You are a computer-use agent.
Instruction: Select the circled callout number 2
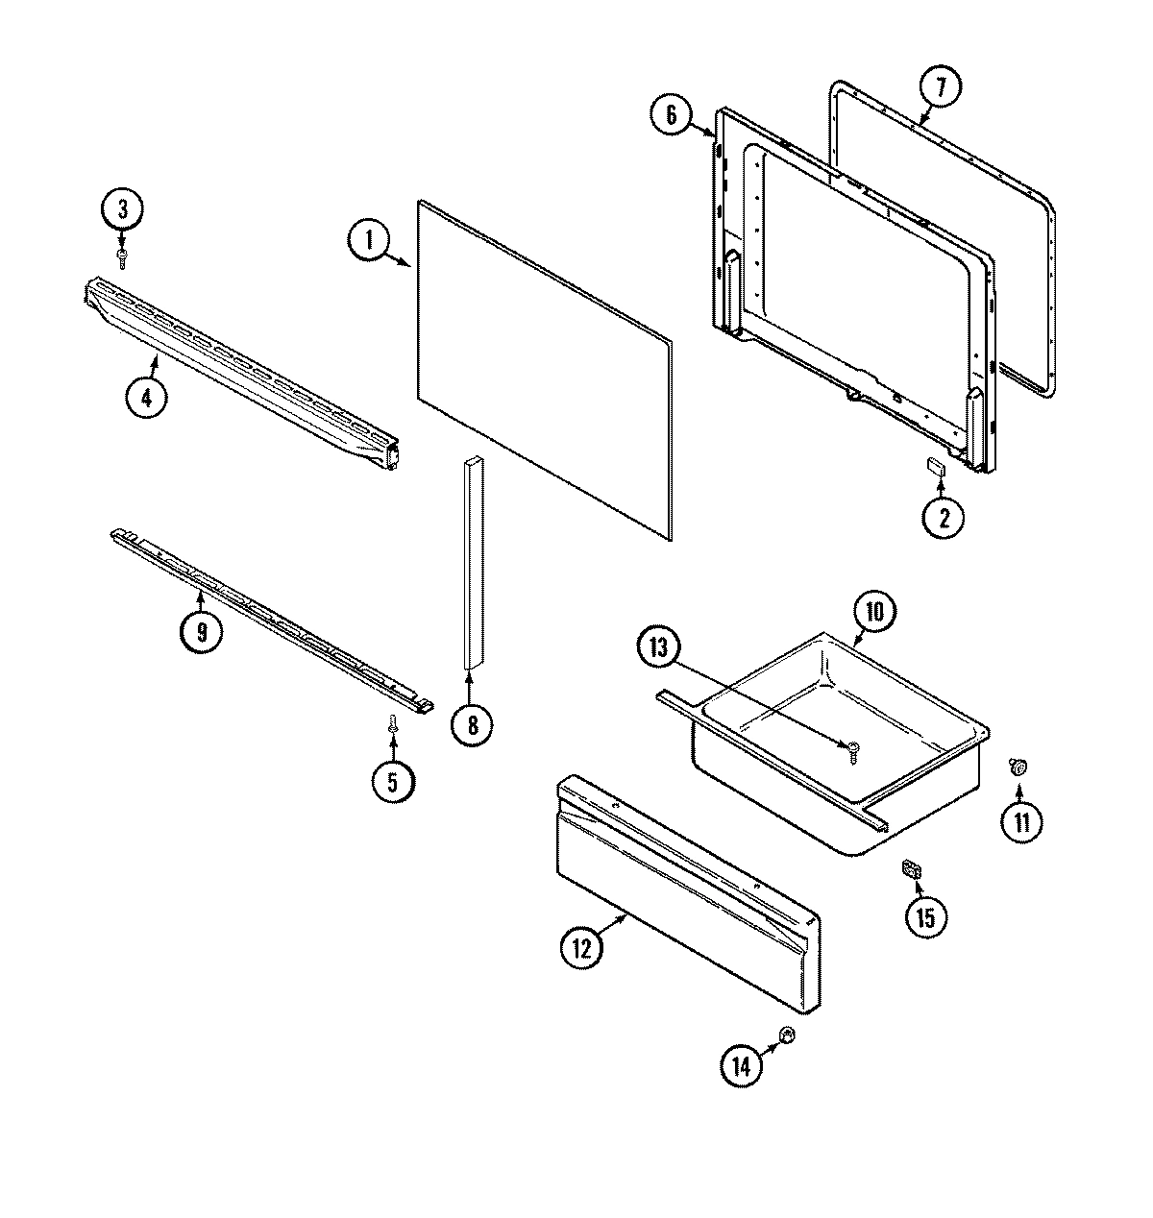[x=943, y=518]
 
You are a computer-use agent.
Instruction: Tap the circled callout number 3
[x=122, y=208]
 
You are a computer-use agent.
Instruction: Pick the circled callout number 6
[x=671, y=115]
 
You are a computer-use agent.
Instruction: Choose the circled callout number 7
[x=940, y=87]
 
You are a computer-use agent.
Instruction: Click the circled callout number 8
[x=472, y=723]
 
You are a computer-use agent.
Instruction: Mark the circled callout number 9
[x=202, y=631]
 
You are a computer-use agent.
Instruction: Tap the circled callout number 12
[x=581, y=947]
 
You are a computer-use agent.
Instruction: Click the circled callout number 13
[x=660, y=646]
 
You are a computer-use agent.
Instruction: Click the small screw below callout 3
[x=122, y=256]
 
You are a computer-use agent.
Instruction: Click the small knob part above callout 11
[x=1018, y=766]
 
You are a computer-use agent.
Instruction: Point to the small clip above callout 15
[x=909, y=871]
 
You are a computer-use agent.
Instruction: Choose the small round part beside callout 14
[x=786, y=1035]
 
